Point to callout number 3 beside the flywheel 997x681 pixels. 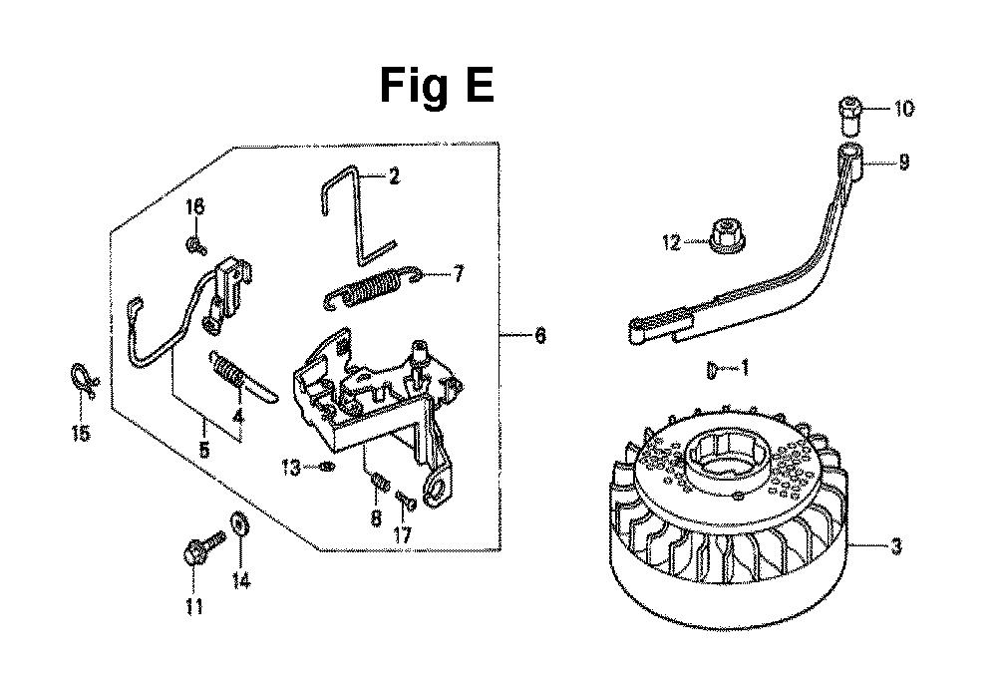click(x=896, y=546)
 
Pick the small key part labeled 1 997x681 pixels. click(x=712, y=370)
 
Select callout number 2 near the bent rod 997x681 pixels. click(x=394, y=176)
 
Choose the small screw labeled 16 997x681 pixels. click(x=195, y=245)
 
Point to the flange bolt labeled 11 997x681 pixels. click(x=203, y=546)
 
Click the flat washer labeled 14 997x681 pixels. click(x=241, y=524)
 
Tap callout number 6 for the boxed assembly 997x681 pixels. click(x=539, y=335)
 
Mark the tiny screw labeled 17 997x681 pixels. click(x=407, y=501)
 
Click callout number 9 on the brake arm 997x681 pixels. click(x=903, y=163)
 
